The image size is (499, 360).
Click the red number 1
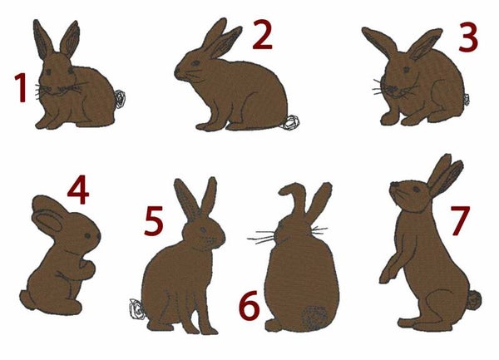click(x=21, y=88)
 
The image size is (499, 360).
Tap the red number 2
click(x=262, y=34)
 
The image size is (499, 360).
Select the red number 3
click(x=468, y=37)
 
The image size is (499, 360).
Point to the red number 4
click(x=78, y=190)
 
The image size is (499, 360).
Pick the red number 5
click(x=154, y=220)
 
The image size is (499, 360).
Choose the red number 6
click(x=249, y=305)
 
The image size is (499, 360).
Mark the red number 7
click(x=460, y=220)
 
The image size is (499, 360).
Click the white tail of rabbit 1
click(x=121, y=99)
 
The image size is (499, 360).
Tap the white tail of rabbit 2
click(x=292, y=122)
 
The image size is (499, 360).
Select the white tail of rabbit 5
click(x=137, y=309)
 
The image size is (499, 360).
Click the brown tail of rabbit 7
click(x=475, y=300)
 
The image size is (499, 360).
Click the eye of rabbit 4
click(x=87, y=235)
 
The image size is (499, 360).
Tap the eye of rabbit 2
click(x=195, y=63)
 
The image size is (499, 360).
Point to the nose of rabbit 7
click(x=393, y=184)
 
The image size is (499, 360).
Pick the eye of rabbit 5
click(x=203, y=229)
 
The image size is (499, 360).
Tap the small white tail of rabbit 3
click(x=467, y=100)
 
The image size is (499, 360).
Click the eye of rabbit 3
click(x=406, y=69)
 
